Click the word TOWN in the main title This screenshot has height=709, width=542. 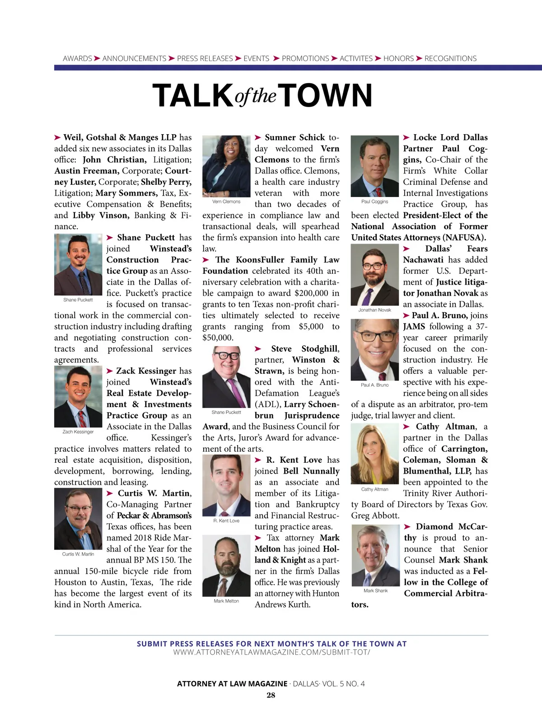click(328, 95)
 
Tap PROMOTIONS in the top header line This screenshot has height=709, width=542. click(305, 58)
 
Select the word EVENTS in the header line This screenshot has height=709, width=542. click(256, 58)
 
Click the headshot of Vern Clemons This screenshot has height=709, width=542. click(226, 166)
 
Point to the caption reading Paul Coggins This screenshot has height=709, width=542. click(374, 202)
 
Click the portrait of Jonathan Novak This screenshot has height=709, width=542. click(374, 275)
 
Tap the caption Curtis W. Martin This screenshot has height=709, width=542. click(78, 554)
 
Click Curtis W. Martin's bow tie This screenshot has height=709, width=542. click(84, 531)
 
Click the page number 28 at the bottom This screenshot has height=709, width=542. click(271, 695)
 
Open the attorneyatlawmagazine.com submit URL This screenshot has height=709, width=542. click(271, 653)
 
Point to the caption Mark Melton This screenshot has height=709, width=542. click(226, 601)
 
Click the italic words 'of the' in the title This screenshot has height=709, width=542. click(256, 96)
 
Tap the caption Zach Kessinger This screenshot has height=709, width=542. click(78, 432)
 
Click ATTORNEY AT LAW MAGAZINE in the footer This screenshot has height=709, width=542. click(232, 684)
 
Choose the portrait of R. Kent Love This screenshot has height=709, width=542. click(226, 485)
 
